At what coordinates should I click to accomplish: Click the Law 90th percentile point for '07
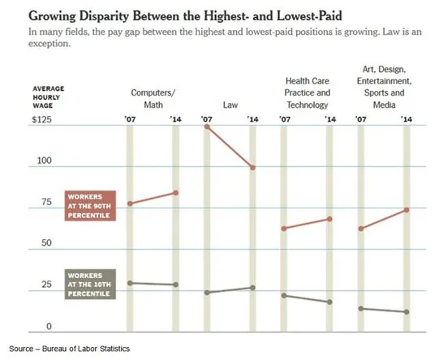point(207,126)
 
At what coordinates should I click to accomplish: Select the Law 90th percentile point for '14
point(252,168)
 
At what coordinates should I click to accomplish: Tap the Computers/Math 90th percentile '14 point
point(176,193)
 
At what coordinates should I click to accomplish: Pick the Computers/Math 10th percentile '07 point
point(130,283)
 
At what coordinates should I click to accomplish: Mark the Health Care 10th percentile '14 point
point(329,302)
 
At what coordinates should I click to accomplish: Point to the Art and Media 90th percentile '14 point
point(407,210)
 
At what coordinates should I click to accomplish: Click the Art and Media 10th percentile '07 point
point(361,309)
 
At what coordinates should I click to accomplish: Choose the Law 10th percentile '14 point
point(252,288)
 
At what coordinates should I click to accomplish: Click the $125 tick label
point(42,120)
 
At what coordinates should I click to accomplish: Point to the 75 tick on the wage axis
point(47,202)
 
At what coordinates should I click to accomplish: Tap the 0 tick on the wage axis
point(49,327)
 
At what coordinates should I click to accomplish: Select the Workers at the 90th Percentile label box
point(90,206)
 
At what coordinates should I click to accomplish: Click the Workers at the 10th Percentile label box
point(90,285)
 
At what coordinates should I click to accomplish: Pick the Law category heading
point(230,105)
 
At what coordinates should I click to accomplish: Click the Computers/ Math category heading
point(153,99)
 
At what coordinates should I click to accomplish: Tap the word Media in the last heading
point(384,105)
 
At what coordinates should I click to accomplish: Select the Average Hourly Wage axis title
point(49,97)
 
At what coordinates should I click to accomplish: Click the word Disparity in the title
point(104,16)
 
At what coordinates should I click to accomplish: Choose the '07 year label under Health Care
point(285,119)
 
